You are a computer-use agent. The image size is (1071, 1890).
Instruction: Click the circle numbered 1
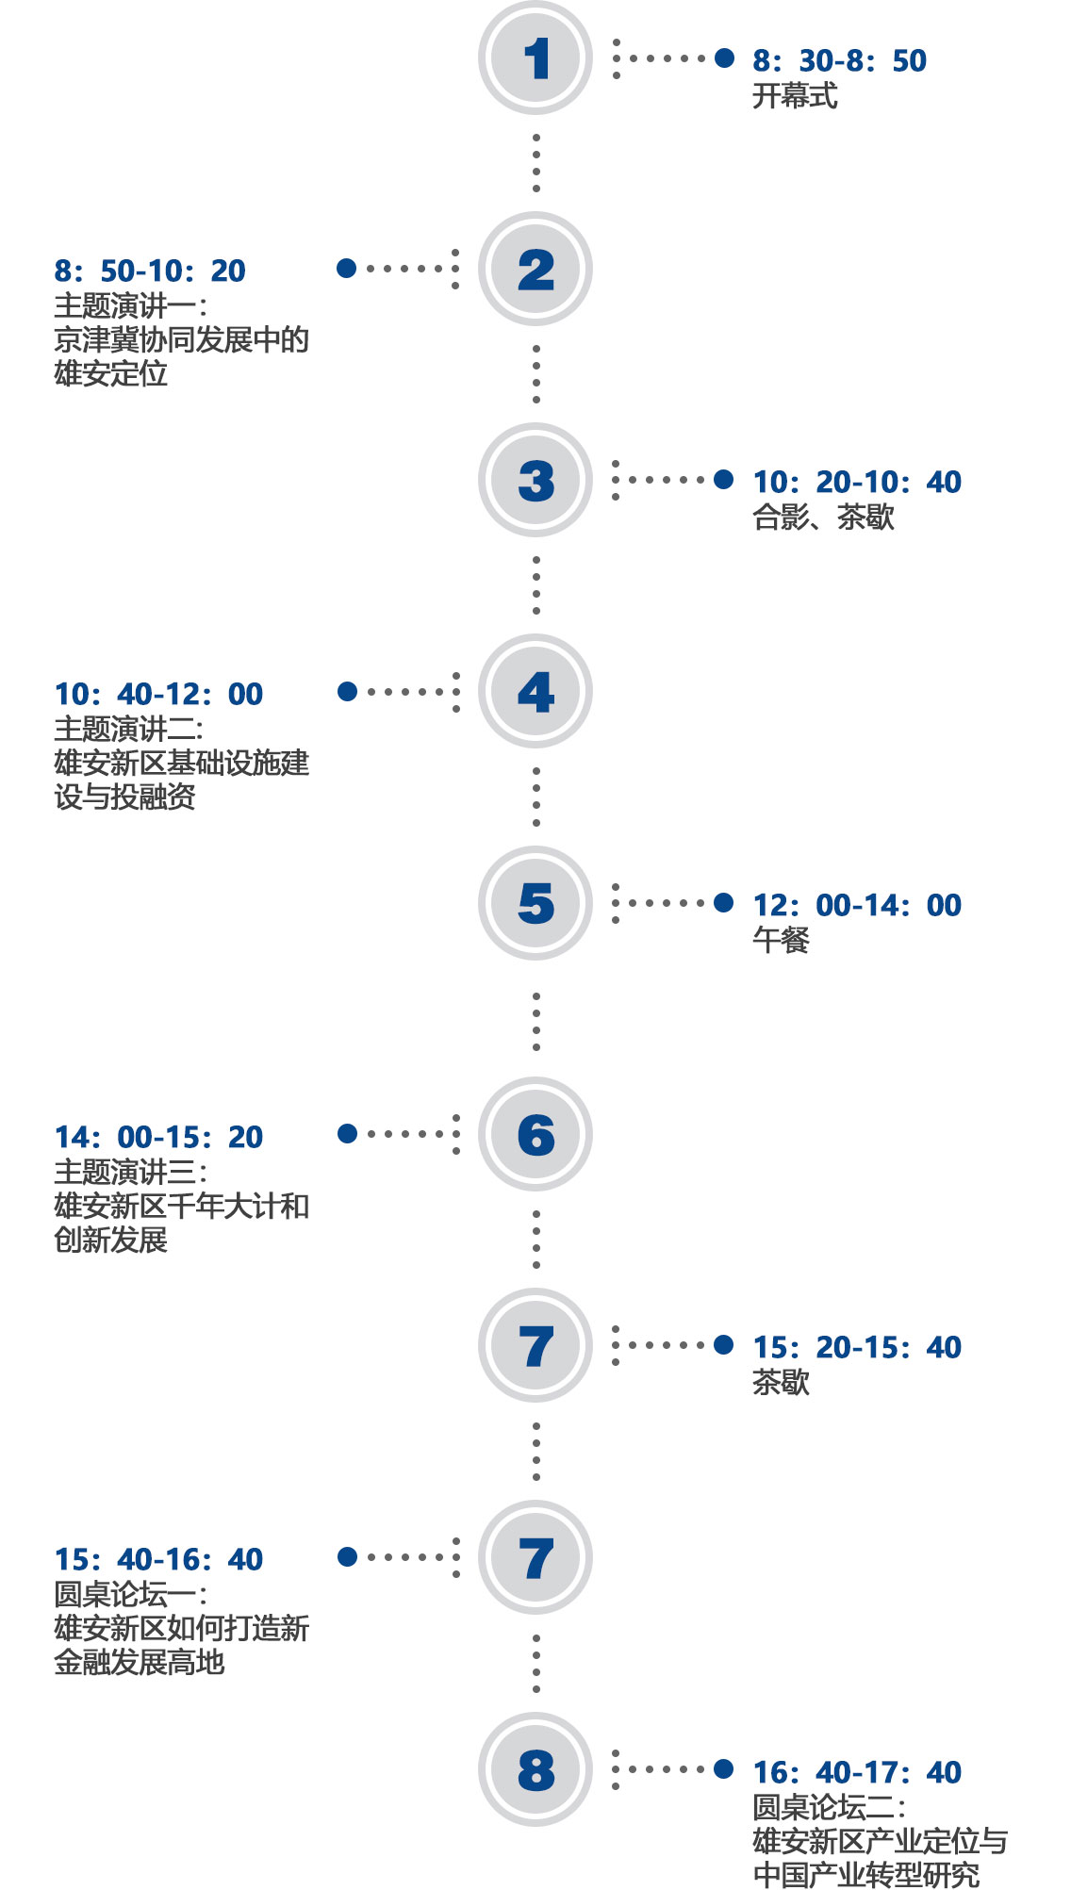click(535, 58)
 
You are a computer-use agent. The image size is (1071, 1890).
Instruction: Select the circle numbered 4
click(535, 692)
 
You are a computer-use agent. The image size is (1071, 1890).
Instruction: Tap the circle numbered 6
click(535, 1134)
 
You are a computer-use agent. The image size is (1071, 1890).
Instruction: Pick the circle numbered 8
click(535, 1769)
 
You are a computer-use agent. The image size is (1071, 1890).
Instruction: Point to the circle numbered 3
click(535, 481)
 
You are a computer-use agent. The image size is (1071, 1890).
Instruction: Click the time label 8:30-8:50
click(839, 61)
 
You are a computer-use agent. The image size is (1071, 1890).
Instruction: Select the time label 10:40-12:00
click(158, 695)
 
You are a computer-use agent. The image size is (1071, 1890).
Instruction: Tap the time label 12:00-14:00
click(856, 906)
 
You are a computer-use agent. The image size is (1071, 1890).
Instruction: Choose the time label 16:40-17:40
click(856, 1773)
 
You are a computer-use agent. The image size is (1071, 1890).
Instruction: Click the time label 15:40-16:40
click(158, 1560)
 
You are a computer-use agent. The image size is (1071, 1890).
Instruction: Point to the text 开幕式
click(794, 96)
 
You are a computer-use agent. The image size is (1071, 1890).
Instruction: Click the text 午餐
click(781, 940)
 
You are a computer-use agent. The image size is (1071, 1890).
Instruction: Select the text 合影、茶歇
click(823, 517)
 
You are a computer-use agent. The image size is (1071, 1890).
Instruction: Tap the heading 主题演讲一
click(129, 305)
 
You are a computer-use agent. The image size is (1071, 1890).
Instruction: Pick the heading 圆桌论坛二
click(828, 1807)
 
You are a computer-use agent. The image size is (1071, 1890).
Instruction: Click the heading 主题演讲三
click(129, 1172)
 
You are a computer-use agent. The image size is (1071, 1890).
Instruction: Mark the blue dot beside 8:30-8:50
click(724, 58)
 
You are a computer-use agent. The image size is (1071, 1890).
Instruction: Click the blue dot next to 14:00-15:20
click(347, 1133)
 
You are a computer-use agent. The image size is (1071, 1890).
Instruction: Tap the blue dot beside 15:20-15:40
click(724, 1345)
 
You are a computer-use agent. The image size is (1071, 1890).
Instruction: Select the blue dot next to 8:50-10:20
click(347, 269)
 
